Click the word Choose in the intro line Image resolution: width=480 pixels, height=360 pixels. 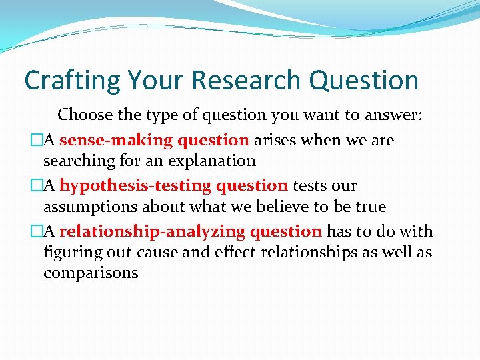[85, 115]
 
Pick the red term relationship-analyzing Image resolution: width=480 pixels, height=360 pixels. [153, 231]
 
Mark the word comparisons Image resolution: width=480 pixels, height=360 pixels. [91, 273]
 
